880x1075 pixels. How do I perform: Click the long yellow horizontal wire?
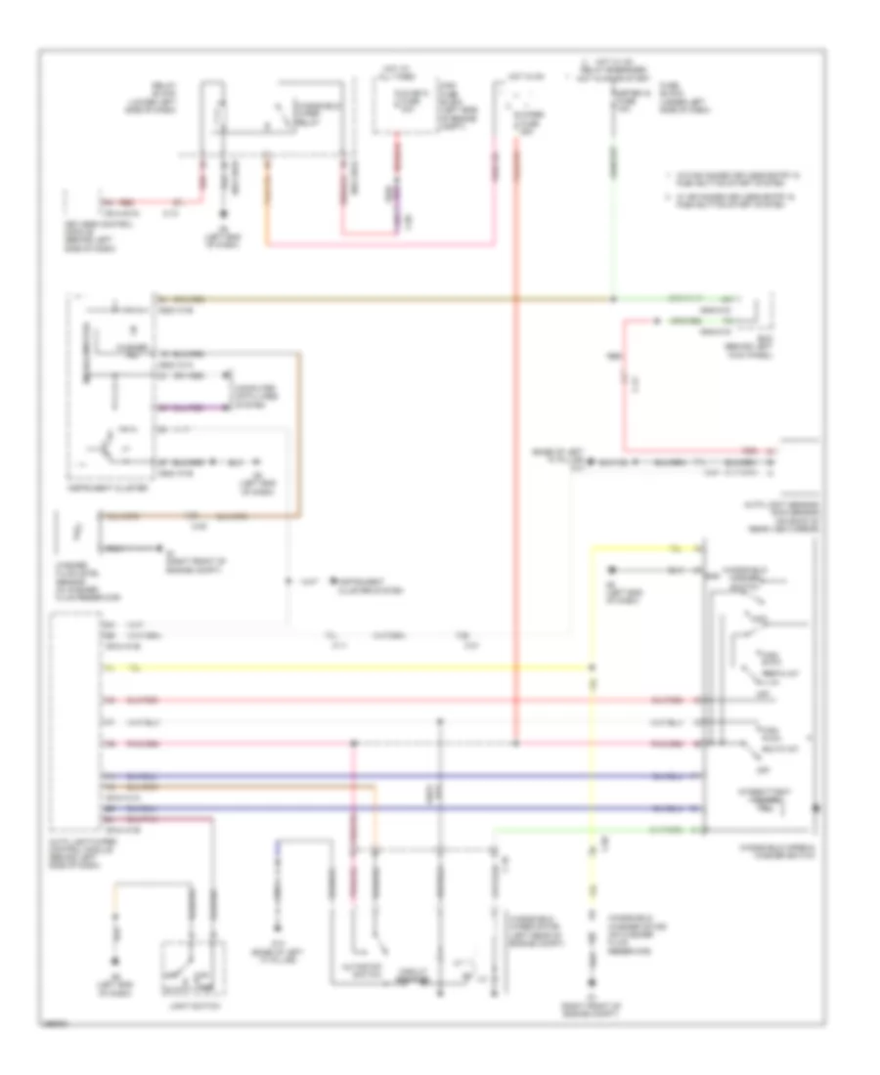click(x=342, y=668)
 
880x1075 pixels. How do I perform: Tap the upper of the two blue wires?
click(x=391, y=776)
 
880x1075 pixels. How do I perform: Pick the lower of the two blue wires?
click(x=391, y=808)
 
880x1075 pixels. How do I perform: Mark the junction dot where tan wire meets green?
click(x=613, y=297)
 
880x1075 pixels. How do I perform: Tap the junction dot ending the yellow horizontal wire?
click(x=592, y=668)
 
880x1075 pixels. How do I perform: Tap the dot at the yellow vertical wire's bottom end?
click(x=591, y=980)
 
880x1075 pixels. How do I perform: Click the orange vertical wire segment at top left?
click(x=270, y=195)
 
